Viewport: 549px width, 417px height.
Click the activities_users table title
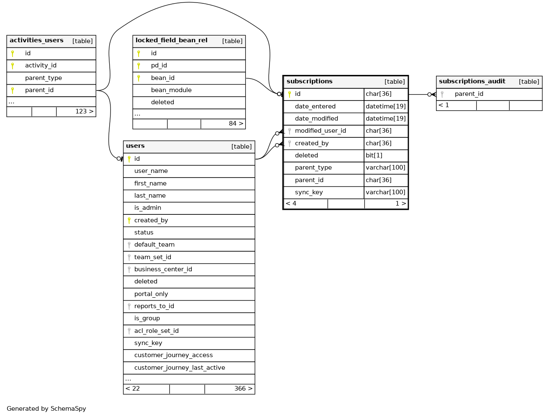coord(36,41)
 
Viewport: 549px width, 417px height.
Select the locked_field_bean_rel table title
coord(171,41)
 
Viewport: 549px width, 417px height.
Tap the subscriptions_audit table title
coord(472,82)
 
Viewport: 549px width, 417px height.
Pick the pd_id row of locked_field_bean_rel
coord(159,66)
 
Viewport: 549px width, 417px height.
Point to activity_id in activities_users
coord(41,66)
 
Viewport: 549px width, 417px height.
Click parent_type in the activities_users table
coord(44,78)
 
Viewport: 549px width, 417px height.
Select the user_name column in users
coord(151,171)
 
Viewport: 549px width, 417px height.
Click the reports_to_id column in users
coord(154,306)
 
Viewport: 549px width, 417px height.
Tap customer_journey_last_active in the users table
coord(180,368)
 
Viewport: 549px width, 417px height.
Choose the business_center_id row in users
coord(163,270)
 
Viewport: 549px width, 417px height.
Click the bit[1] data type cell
coord(374,156)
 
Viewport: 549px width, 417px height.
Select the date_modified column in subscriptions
coord(316,119)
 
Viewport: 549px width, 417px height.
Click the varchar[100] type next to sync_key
coord(385,193)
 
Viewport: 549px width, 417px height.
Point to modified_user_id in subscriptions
coord(321,131)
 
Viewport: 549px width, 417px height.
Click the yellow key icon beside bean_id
coord(139,78)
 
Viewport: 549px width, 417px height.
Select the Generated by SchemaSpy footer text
coord(46,409)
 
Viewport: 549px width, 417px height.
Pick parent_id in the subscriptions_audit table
coord(469,94)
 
